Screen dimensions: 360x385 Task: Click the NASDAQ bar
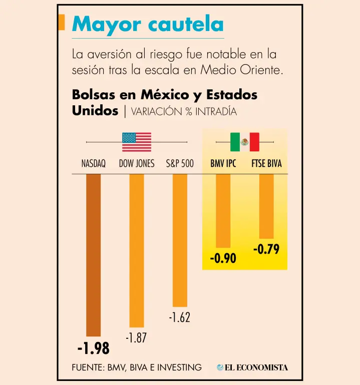94,255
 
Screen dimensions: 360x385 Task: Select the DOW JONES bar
137,251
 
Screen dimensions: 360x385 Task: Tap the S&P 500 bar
180,241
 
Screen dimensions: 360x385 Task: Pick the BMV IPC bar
223,211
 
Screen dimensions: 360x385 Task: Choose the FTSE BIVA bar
266,206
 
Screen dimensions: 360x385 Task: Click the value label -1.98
94,348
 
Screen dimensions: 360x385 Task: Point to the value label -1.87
136,337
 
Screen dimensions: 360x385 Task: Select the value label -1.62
180,317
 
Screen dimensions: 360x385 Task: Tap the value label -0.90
223,258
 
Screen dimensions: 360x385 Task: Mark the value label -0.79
266,249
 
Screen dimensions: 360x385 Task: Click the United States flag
137,142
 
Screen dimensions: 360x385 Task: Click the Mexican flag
245,142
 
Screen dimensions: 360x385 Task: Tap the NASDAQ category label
94,163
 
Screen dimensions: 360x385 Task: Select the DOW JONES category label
137,163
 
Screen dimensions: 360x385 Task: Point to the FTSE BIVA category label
266,163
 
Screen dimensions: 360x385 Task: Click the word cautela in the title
186,24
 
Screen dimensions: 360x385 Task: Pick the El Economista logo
252,367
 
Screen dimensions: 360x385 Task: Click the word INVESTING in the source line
179,367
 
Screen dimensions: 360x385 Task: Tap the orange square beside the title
62,22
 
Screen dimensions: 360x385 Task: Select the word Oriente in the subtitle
261,70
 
